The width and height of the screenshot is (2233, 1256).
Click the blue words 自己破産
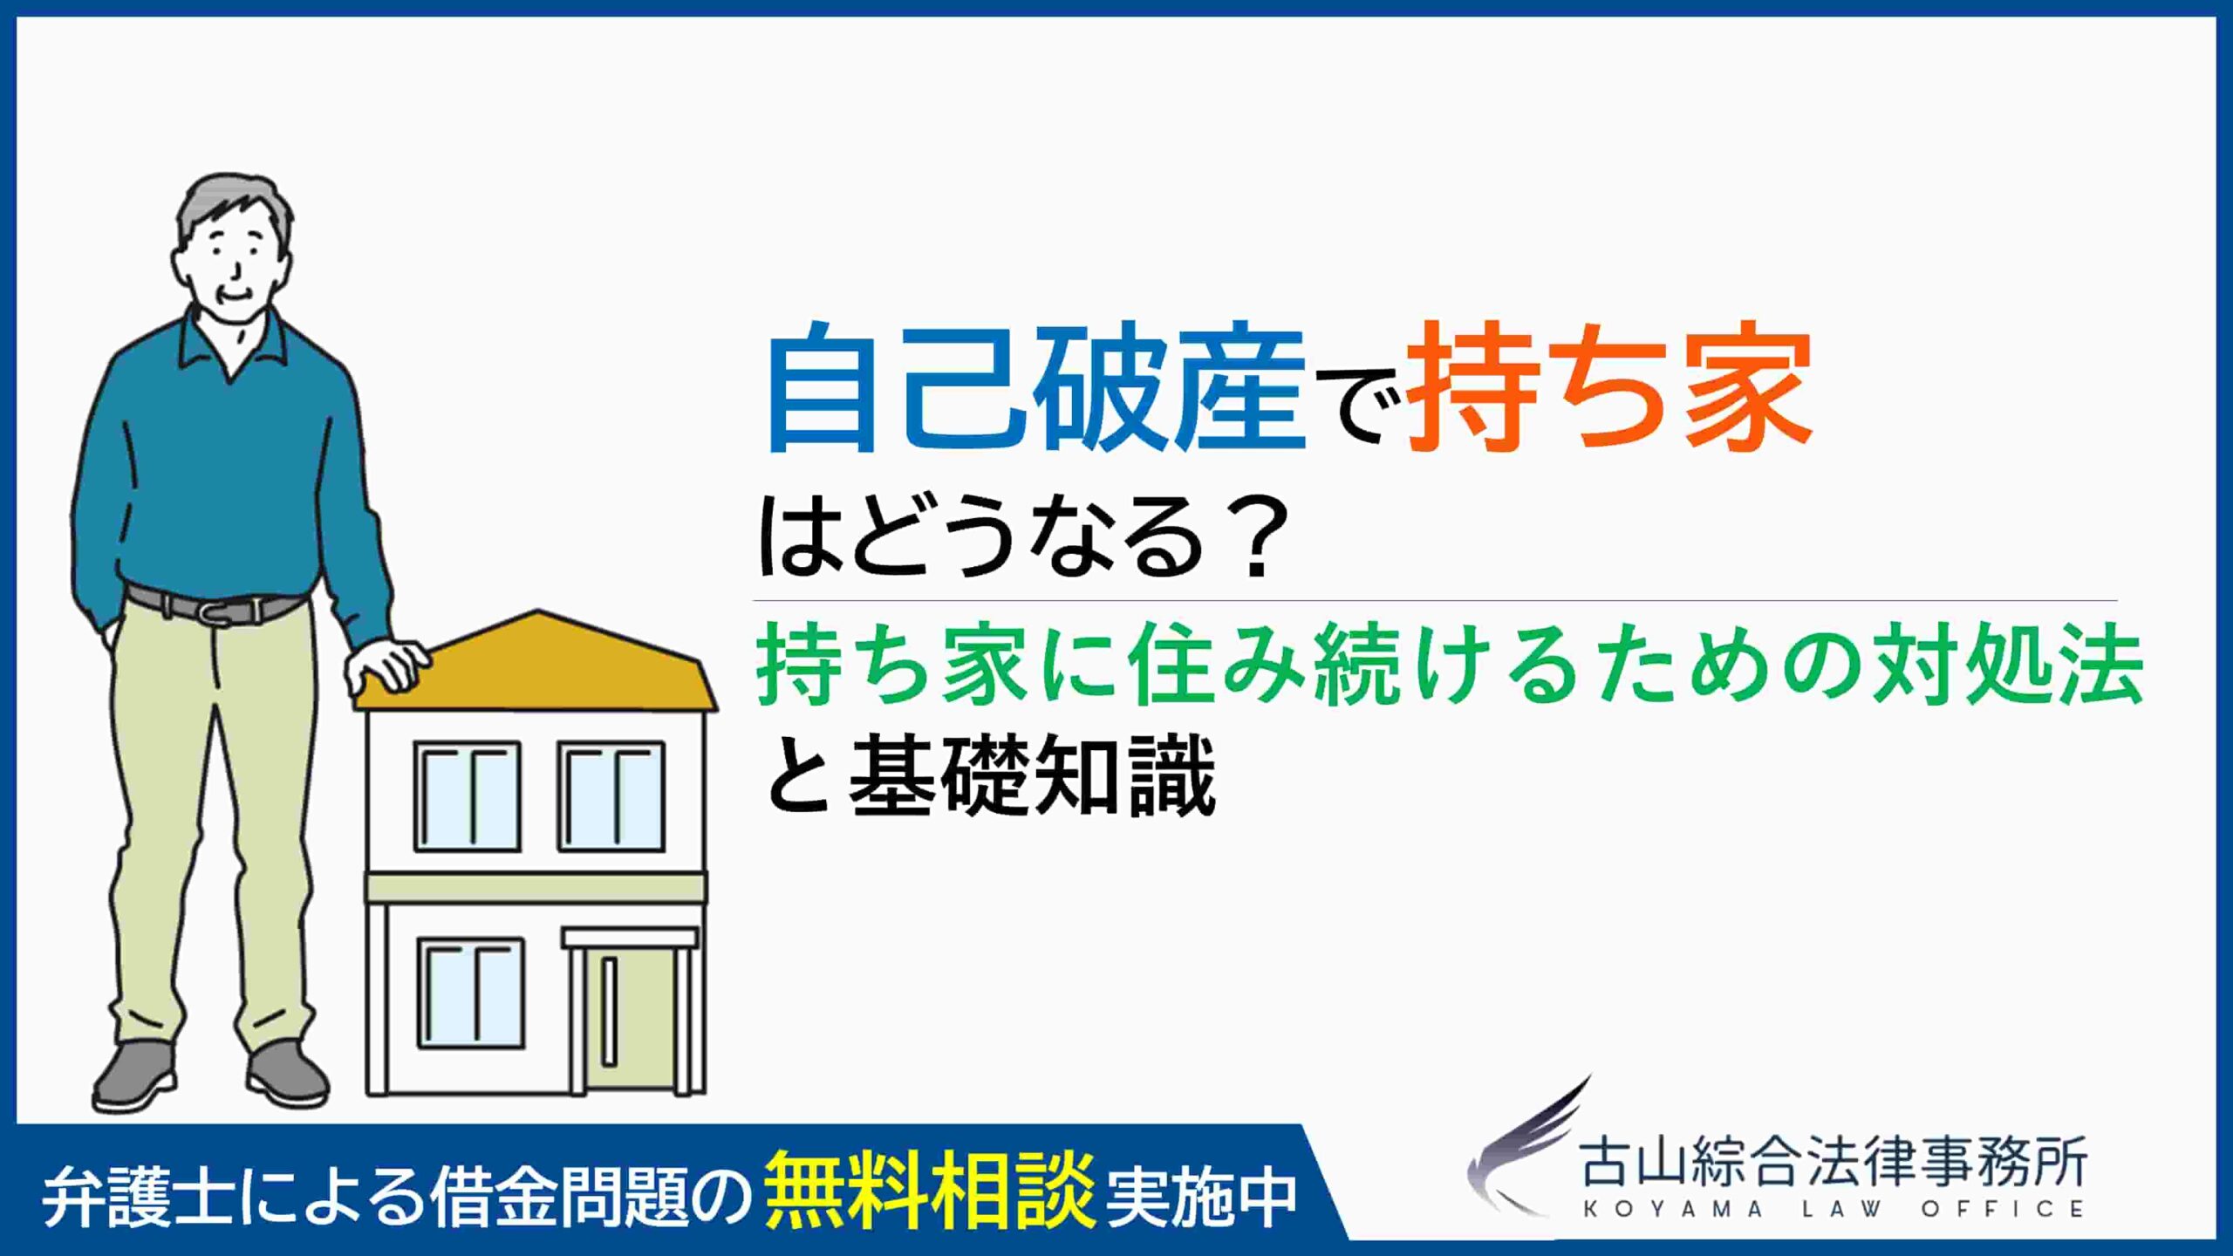tap(1036, 386)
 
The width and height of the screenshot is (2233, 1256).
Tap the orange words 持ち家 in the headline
tap(1610, 386)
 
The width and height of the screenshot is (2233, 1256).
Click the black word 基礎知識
tap(1033, 776)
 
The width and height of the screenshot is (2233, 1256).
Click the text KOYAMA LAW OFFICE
tap(1833, 1211)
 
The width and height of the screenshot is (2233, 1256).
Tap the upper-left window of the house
tap(468, 796)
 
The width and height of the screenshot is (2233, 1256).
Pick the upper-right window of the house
tap(611, 796)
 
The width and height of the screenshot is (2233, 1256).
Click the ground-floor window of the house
tap(471, 993)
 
